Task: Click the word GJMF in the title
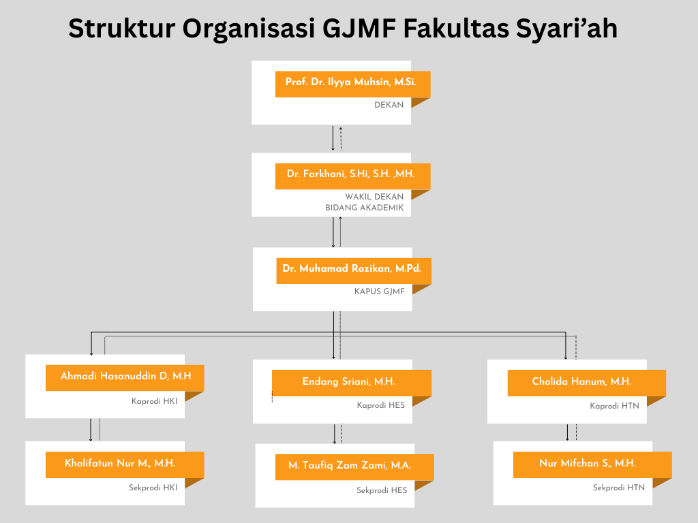(x=359, y=29)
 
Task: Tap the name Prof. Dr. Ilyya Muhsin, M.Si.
(x=351, y=82)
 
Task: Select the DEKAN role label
(x=389, y=105)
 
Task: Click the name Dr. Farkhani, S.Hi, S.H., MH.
(x=351, y=174)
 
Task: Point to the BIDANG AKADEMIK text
(x=364, y=208)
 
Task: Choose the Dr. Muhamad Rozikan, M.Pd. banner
(x=354, y=271)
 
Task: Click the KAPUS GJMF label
(x=379, y=291)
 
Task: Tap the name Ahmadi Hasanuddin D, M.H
(x=126, y=376)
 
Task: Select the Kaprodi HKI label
(x=154, y=401)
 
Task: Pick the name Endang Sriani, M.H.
(x=348, y=381)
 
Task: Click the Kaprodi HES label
(x=380, y=405)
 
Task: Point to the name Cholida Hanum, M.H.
(x=582, y=381)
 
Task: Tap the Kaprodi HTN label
(x=614, y=406)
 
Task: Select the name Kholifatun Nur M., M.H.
(x=120, y=463)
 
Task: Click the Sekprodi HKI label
(x=153, y=488)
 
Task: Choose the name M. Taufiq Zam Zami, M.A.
(x=350, y=466)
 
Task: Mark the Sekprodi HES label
(x=382, y=490)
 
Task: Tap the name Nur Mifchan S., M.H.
(x=587, y=463)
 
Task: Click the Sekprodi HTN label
(x=618, y=488)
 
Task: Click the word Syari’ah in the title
(x=566, y=29)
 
